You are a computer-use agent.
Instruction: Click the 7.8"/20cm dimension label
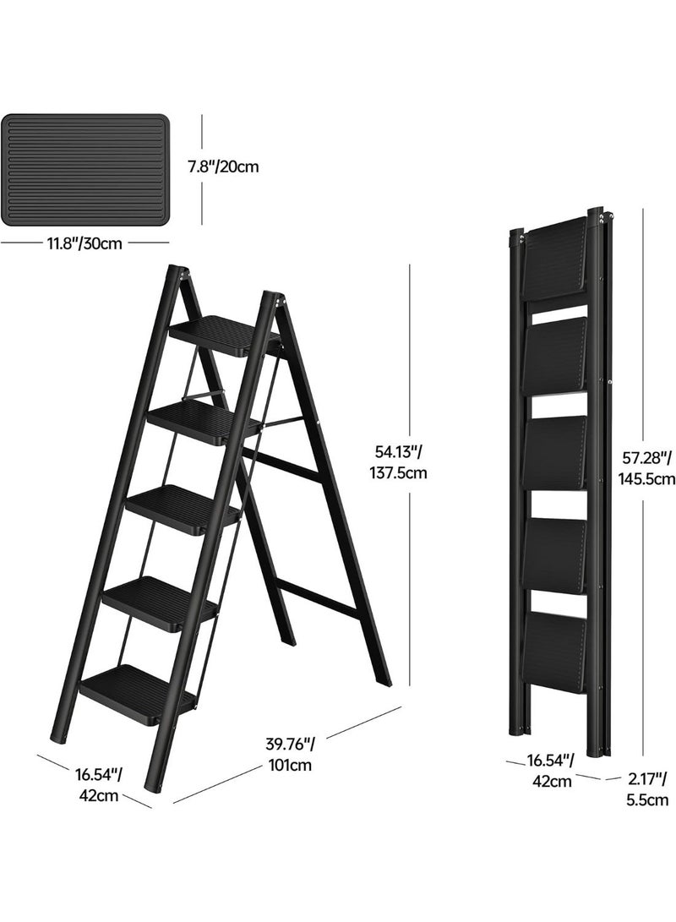(223, 166)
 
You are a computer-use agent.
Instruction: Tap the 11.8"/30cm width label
(86, 244)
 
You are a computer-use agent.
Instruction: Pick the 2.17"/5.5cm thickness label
(647, 789)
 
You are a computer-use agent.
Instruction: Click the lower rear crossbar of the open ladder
(319, 597)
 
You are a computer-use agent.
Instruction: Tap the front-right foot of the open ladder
(153, 784)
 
